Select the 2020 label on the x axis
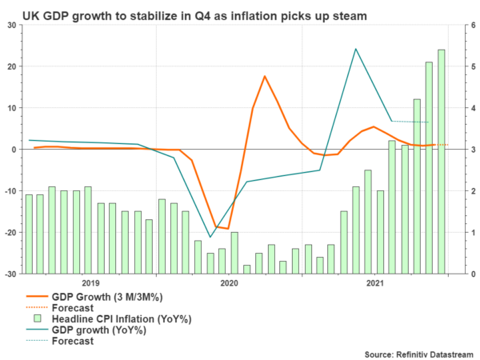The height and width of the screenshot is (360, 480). tap(228, 282)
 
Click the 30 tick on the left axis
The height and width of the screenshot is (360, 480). tap(12, 25)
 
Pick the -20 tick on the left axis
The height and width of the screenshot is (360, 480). tap(10, 232)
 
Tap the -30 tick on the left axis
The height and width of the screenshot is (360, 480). tap(10, 274)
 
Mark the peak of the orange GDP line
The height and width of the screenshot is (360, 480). tap(264, 76)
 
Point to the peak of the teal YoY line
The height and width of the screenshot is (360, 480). tap(355, 49)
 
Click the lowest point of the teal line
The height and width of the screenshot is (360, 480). tap(210, 237)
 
